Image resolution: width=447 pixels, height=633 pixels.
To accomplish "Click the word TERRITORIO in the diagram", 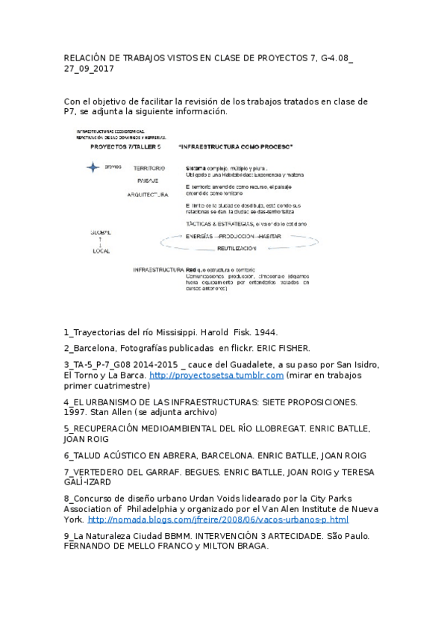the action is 149,169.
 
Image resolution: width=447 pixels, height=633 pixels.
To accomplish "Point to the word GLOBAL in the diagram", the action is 101,233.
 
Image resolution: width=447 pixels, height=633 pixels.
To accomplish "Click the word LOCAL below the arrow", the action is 101,251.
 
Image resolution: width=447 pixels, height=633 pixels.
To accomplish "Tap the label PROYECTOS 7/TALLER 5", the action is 125,146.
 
